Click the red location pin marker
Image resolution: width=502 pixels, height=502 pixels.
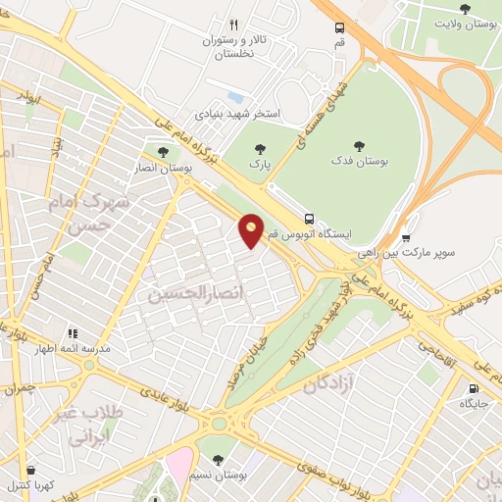click(x=252, y=230)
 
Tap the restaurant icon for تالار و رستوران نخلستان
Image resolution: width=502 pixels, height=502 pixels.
click(x=233, y=25)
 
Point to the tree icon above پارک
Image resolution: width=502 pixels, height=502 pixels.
click(x=260, y=149)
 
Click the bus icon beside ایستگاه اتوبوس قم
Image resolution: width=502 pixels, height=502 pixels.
click(x=310, y=219)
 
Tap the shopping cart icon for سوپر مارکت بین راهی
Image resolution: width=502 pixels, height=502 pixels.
click(x=406, y=237)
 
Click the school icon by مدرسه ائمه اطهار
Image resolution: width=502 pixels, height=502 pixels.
click(x=73, y=333)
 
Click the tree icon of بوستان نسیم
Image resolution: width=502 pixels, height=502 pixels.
click(x=218, y=459)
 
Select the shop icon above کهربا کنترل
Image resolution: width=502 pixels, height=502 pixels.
click(x=31, y=470)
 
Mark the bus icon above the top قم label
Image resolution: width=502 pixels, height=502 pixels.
click(x=339, y=28)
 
